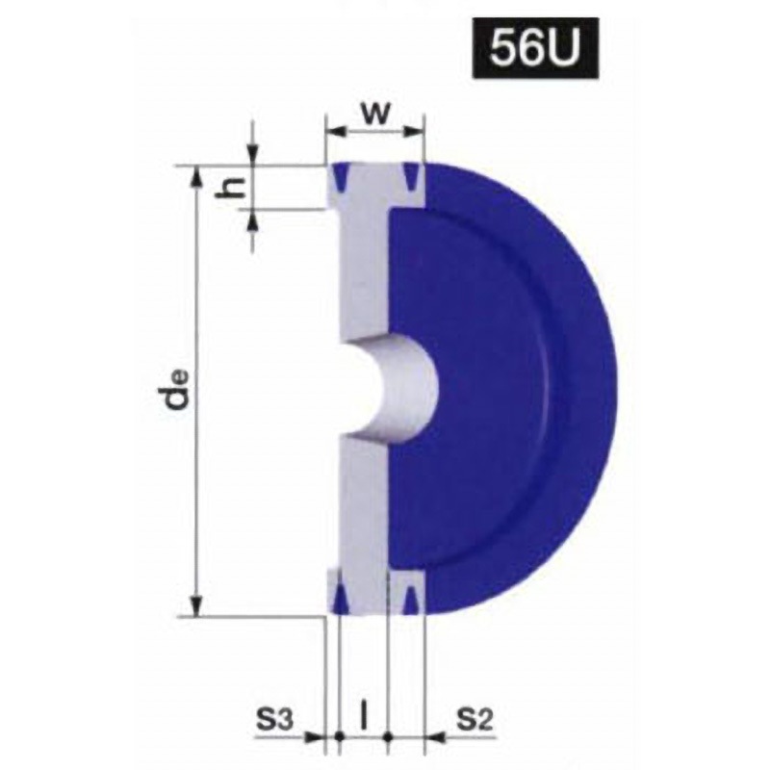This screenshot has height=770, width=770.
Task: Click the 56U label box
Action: tap(535, 48)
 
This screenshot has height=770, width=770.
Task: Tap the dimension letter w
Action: tap(374, 115)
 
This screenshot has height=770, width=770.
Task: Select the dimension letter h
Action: tap(231, 187)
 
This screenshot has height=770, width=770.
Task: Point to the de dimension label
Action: tap(177, 391)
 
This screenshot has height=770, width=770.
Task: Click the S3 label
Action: tap(274, 720)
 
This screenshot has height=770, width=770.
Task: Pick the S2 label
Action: tap(475, 720)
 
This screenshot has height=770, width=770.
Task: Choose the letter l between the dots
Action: tap(364, 718)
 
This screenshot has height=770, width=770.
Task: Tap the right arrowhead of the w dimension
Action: tap(413, 131)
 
